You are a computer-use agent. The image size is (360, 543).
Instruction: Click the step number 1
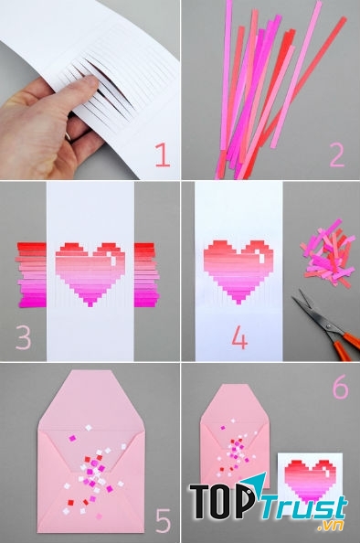163,155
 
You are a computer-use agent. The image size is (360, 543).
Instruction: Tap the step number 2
337,155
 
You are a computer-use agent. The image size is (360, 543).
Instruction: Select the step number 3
23,337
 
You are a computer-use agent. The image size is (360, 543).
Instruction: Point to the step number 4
239,337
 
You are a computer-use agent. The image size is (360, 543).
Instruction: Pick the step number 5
163,520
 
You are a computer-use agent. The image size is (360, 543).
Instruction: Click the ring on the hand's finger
68,136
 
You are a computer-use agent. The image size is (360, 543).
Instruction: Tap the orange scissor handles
346,345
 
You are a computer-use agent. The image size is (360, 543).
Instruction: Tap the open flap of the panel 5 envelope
91,400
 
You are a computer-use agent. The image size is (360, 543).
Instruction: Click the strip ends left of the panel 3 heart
31,275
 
